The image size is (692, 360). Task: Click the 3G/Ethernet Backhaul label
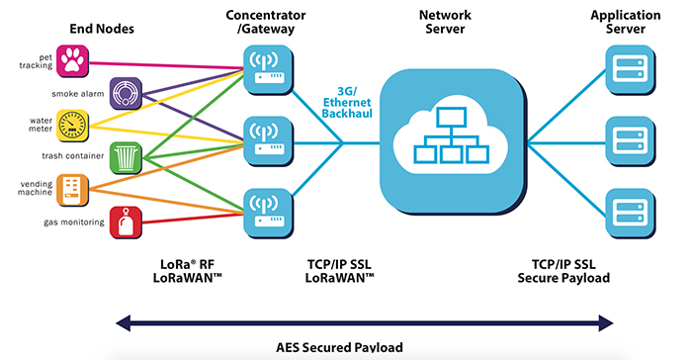click(346, 105)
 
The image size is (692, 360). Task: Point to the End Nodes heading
click(101, 31)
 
